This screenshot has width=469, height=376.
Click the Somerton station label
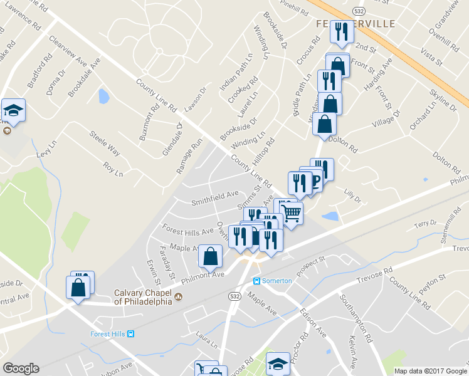tap(277, 281)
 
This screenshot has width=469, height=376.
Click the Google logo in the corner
tap(21, 368)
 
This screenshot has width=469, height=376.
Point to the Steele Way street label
tap(104, 142)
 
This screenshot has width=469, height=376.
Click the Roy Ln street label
tap(113, 169)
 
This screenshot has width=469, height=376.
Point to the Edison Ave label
tap(312, 322)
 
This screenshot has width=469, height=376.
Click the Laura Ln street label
tap(206, 340)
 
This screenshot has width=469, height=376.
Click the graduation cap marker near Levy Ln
tap(13, 110)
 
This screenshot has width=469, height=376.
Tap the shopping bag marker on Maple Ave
tap(211, 254)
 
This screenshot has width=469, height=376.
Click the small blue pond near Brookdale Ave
tap(103, 96)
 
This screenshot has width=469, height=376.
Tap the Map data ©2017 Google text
tap(431, 370)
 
